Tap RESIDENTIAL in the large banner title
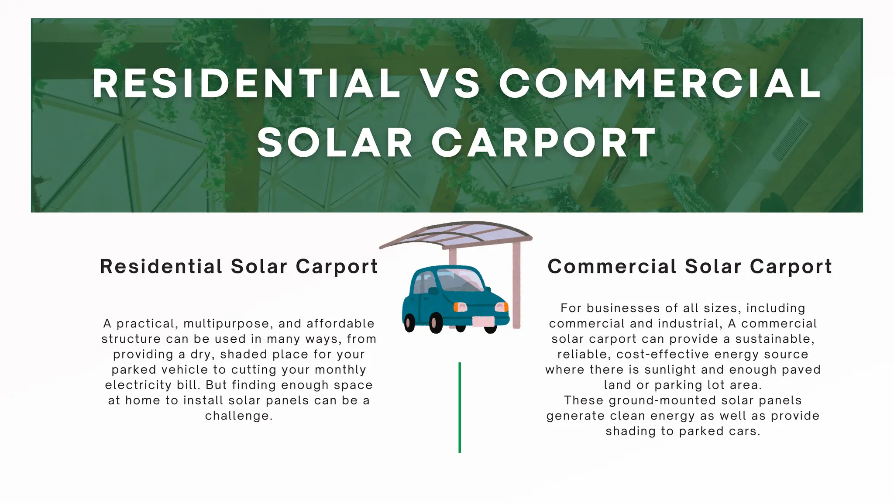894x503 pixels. (x=247, y=83)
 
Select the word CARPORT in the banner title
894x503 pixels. (x=544, y=143)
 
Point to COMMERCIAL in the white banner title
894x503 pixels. (x=660, y=83)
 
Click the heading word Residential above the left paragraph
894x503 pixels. (x=161, y=266)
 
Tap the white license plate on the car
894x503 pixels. (x=484, y=322)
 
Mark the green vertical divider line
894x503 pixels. (x=460, y=407)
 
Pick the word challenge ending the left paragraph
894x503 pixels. (x=238, y=416)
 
